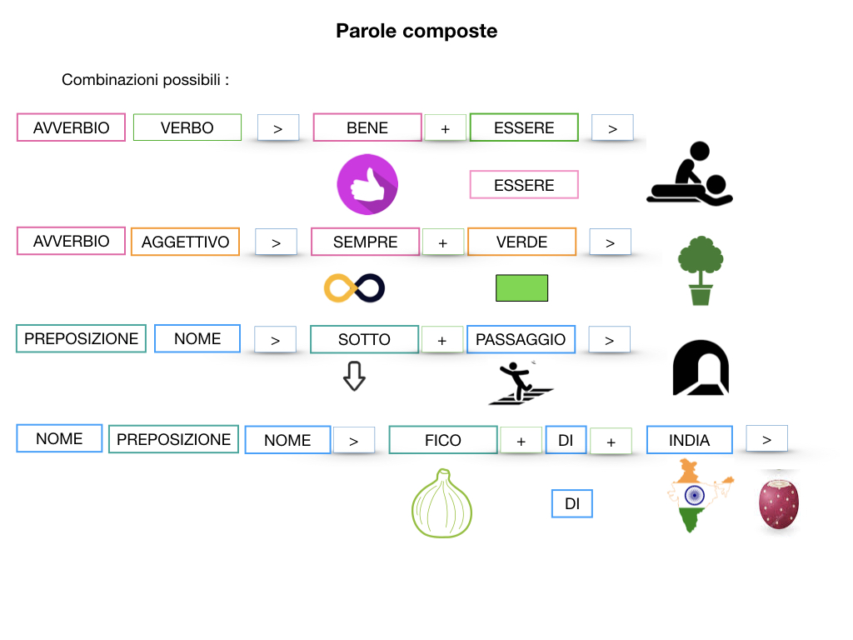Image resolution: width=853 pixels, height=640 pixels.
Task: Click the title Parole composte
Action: click(417, 31)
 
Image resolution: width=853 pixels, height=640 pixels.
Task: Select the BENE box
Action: click(367, 127)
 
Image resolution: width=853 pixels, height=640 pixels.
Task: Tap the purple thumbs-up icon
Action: click(367, 185)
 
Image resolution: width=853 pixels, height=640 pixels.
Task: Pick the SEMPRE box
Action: click(365, 242)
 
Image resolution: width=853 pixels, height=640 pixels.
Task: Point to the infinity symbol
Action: click(354, 287)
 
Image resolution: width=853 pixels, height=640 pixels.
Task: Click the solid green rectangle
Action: click(521, 287)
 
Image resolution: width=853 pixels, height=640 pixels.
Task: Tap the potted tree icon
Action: click(700, 270)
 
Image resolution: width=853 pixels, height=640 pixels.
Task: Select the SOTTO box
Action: click(364, 339)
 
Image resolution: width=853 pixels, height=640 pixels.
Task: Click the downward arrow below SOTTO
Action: click(354, 376)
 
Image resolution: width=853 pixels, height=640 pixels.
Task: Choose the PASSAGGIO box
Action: click(521, 339)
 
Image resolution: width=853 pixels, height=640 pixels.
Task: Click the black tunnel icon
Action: click(701, 368)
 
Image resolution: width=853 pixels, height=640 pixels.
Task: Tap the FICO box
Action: click(442, 440)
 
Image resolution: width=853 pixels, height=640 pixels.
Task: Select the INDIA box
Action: click(689, 440)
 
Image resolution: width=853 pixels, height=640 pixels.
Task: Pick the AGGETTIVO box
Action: click(185, 242)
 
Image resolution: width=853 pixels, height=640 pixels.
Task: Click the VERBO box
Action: click(187, 127)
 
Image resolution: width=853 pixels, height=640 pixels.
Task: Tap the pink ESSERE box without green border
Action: click(524, 185)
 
